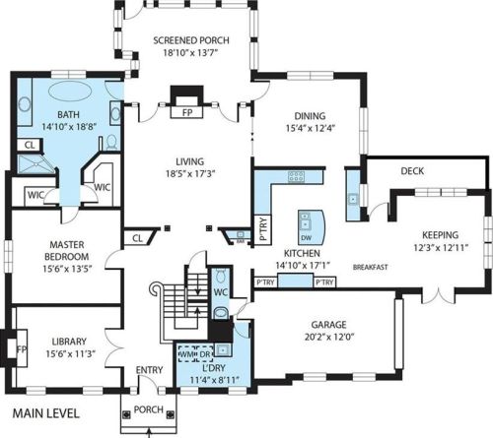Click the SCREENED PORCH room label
pos(191,40)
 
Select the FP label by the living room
pos(187,112)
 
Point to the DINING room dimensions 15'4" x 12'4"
pos(311,128)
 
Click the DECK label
pos(412,171)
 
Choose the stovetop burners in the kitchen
pos(296,176)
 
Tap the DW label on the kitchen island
pos(307,238)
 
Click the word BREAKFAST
pos(370,267)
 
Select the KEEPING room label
pos(441,235)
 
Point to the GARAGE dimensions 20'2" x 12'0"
pos(328,337)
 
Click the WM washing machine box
pos(187,354)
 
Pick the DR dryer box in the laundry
pos(205,354)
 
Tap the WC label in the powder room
pos(221,292)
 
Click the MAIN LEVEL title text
pos(46,413)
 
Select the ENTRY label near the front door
pos(149,370)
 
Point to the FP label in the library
pos(22,349)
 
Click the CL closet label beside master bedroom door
pos(137,238)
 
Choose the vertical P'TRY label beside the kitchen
pos(263,229)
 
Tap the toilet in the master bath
pos(111,142)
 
